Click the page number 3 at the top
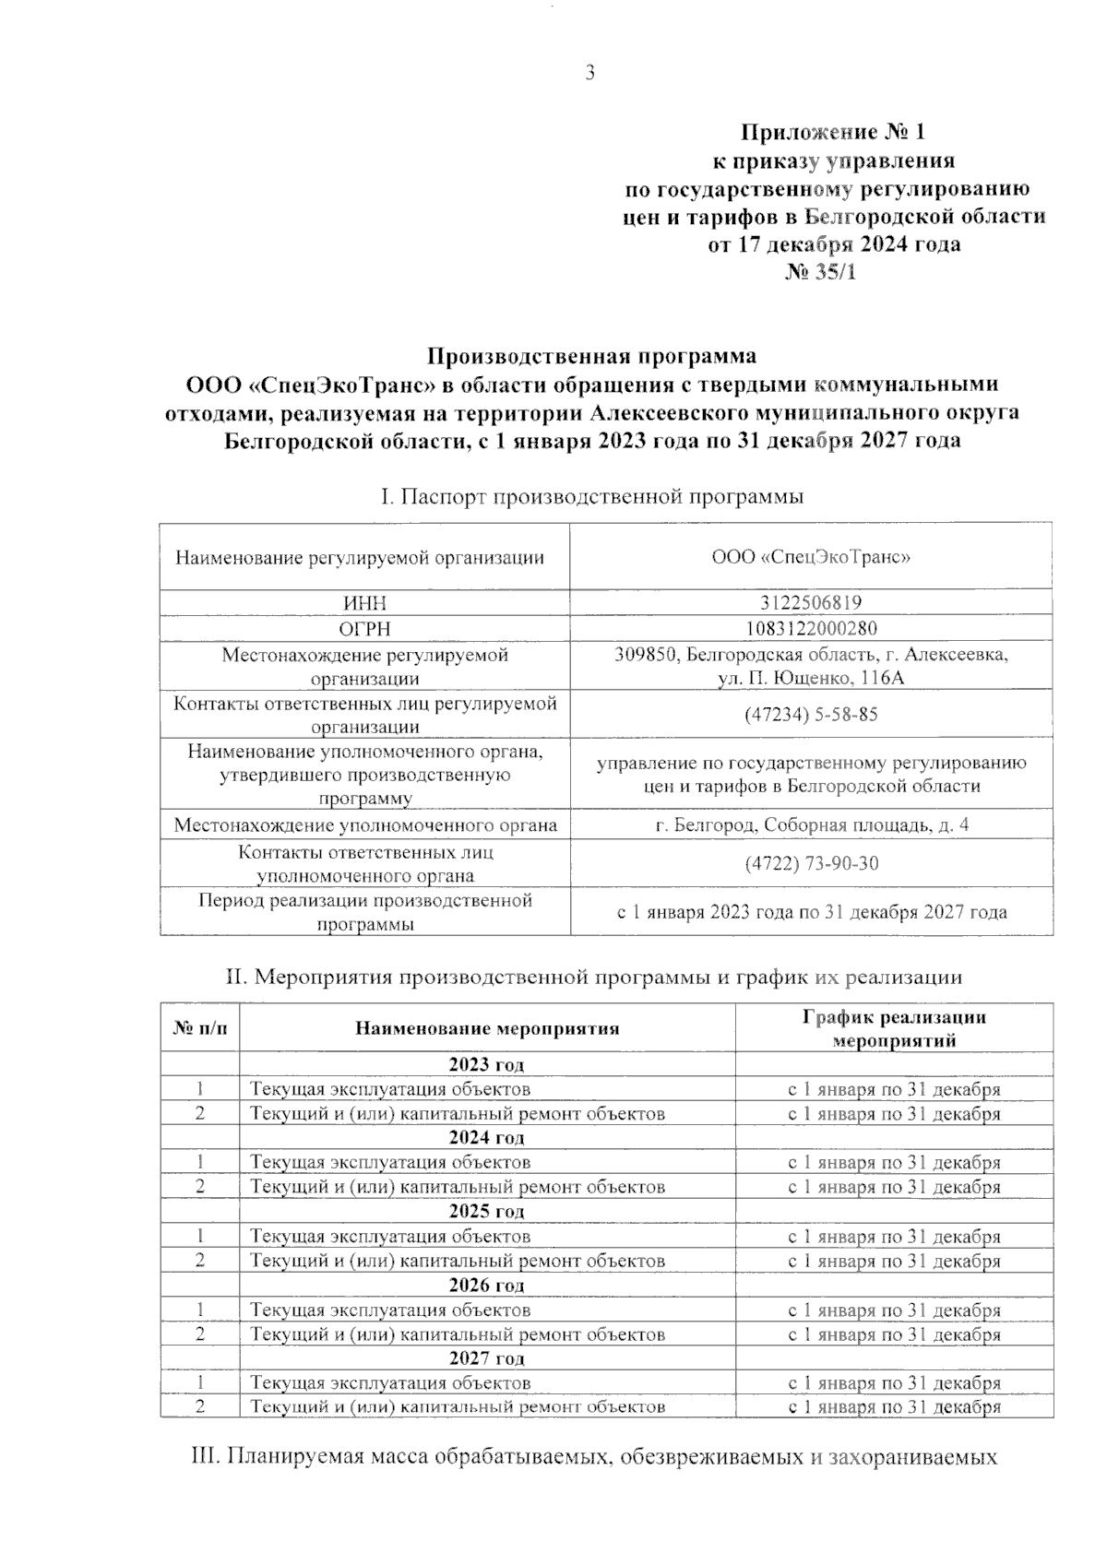pos(590,75)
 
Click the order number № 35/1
pos(820,273)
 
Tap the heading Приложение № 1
pos(833,132)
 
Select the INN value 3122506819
pos(811,603)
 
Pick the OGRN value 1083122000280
pos(811,628)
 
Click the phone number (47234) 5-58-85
pos(811,715)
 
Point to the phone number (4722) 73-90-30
pos(811,863)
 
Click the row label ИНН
pos(364,603)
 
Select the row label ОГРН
pos(364,628)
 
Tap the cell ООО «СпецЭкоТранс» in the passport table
pos(811,557)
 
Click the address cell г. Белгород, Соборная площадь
pos(811,824)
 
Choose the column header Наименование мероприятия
pos(487,1028)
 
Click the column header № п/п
pos(199,1028)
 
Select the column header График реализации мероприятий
pos(894,1028)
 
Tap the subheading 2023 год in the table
pos(487,1064)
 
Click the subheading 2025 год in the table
pos(487,1211)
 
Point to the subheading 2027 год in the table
pos(487,1358)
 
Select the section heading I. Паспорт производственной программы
pos(591,497)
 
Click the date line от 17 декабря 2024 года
pos(833,244)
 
